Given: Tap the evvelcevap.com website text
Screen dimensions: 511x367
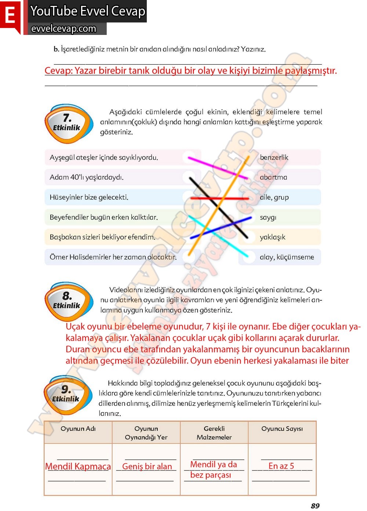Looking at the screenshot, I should click(63, 29).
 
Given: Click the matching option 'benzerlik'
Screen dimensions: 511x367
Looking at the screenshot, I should click(274, 157).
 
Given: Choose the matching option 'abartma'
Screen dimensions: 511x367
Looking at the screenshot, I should click(273, 177).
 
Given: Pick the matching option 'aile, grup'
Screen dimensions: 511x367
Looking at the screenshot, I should click(274, 197).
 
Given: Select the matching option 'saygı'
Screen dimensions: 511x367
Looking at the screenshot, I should click(268, 217).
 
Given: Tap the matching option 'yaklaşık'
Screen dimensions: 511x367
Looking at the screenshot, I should click(272, 237).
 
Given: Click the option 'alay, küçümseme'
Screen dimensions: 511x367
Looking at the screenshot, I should click(287, 257).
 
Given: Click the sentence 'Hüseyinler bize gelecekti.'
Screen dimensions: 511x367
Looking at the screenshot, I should click(89, 197).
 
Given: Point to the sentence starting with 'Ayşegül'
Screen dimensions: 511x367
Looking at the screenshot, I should click(104, 157).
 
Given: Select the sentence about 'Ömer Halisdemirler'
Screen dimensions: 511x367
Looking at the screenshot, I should click(113, 257).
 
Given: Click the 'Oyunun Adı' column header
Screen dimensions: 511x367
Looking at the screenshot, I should click(78, 429).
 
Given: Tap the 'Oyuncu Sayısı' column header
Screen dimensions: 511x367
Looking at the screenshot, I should click(282, 429).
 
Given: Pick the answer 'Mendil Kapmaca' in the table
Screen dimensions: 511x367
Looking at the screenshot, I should click(78, 467).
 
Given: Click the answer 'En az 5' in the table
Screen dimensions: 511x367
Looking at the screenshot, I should click(281, 466).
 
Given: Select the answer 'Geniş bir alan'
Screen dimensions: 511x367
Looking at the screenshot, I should click(147, 467).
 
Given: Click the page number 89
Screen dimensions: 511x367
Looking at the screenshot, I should click(315, 506).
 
